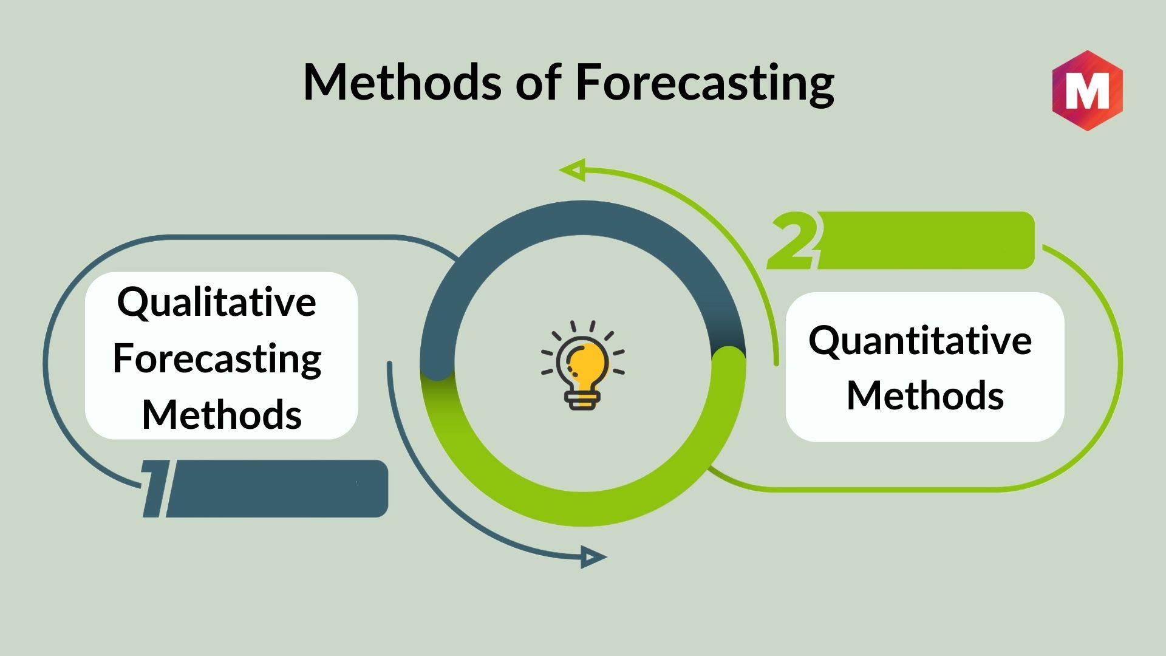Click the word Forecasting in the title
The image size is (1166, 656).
705,84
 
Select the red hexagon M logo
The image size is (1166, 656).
1087,91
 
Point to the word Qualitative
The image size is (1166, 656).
217,302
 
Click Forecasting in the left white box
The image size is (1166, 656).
217,359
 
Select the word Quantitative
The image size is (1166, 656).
920,340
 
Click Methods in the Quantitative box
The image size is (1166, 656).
925,395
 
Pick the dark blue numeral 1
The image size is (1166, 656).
155,488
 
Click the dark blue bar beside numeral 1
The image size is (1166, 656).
277,488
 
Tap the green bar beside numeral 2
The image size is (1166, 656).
927,241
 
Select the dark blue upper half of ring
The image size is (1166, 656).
583,218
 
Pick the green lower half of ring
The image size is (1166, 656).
583,509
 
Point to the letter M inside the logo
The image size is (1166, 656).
1087,91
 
